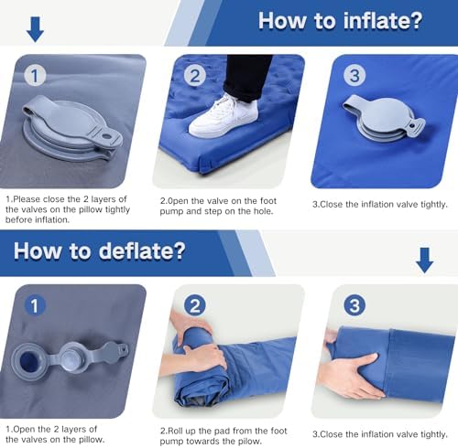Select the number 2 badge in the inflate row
click(x=195, y=76)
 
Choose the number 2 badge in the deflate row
click(x=195, y=306)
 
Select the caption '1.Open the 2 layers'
click(x=68, y=434)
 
